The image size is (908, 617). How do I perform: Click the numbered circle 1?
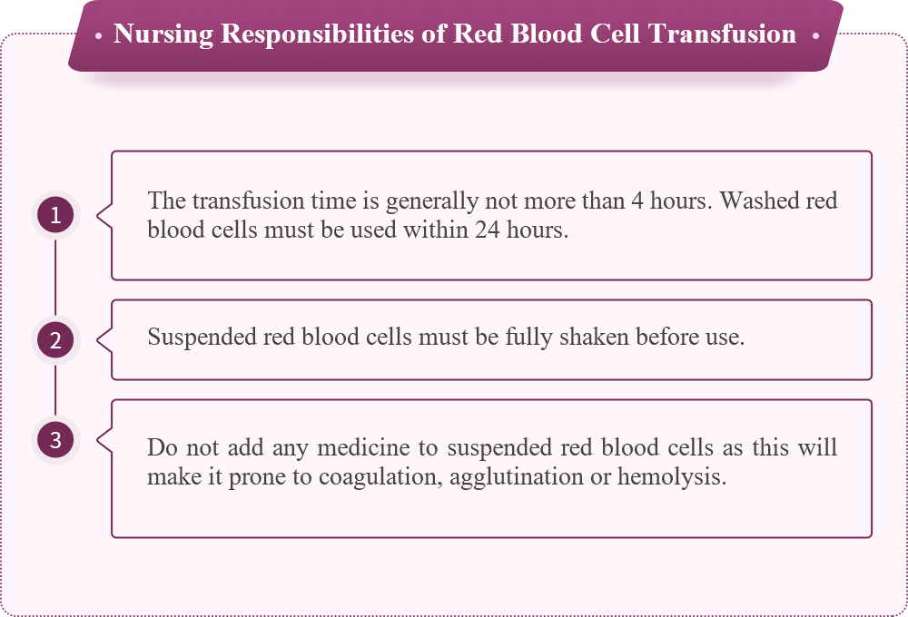pos(55,215)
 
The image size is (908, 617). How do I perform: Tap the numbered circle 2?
pos(55,339)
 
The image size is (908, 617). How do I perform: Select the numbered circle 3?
pos(55,440)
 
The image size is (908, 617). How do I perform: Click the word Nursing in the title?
pos(163,34)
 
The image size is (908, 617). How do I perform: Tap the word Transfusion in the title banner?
pos(722,34)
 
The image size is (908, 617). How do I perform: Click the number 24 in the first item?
pos(487,230)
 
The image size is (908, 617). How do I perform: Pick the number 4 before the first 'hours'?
pos(637,201)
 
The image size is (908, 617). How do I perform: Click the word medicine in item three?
pos(364,447)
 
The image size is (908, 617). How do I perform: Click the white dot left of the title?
pos(98,36)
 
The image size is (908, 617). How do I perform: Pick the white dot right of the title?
pos(815,36)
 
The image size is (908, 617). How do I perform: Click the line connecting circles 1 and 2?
pos(55,278)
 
